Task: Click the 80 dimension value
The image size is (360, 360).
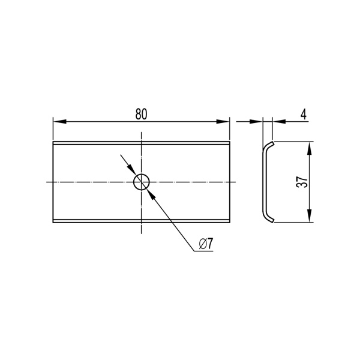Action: point(141,114)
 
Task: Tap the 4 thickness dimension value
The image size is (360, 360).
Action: point(304,114)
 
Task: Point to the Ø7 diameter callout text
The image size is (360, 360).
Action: point(206,244)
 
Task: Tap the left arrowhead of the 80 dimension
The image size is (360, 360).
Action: point(59,122)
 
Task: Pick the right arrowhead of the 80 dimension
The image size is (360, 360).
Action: point(223,122)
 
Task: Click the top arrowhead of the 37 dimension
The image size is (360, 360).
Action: point(310,148)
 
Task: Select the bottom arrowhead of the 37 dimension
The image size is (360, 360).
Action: point(310,216)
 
